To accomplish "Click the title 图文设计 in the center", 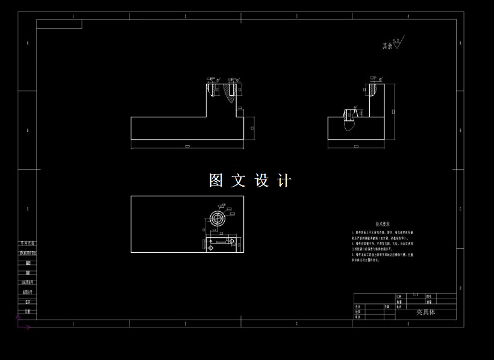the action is pos(250,181).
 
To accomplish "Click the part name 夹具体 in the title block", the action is pos(425,312).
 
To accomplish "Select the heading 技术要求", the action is pos(383,223).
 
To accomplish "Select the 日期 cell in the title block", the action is pos(387,306).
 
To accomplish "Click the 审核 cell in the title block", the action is pos(358,317).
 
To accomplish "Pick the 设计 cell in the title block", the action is pos(358,306).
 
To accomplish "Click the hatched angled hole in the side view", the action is pos(348,119).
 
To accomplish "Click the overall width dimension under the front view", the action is pos(187,146).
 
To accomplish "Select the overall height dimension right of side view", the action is pos(393,112).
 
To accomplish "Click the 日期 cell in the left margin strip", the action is pos(28,311).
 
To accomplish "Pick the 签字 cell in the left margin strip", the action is pos(28,301).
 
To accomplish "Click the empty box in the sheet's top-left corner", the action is pos(59,24).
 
